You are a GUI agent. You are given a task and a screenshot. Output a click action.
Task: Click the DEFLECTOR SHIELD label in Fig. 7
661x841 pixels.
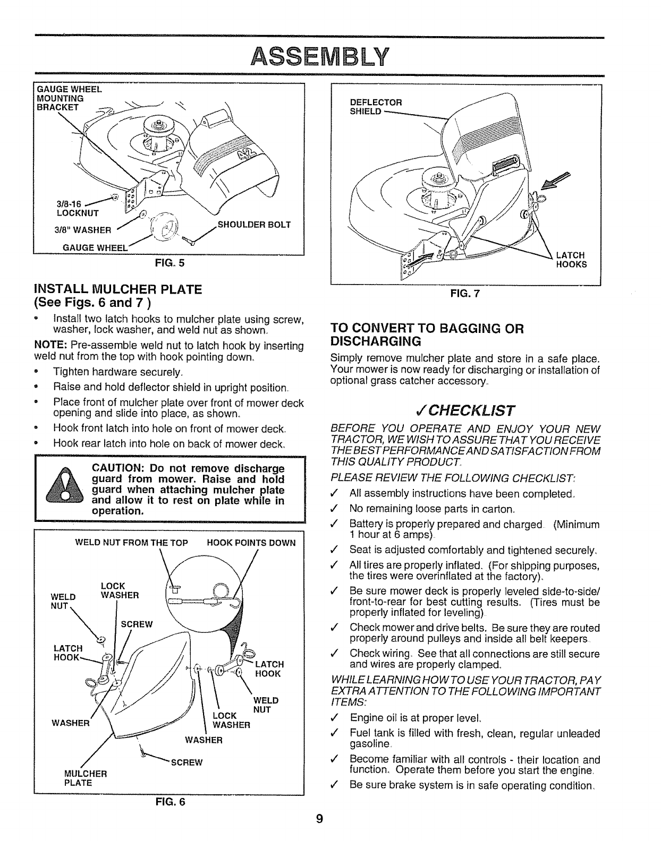[x=376, y=107]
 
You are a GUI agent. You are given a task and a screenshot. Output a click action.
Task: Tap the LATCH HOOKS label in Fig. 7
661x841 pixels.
[x=571, y=260]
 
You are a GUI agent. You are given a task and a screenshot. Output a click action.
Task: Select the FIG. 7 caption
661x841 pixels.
[x=466, y=294]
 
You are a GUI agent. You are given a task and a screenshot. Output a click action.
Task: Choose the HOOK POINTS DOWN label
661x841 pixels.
[x=251, y=543]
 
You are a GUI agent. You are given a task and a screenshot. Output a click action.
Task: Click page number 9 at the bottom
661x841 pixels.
[x=319, y=819]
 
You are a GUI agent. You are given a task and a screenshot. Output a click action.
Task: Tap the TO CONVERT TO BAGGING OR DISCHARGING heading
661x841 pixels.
[x=427, y=334]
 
